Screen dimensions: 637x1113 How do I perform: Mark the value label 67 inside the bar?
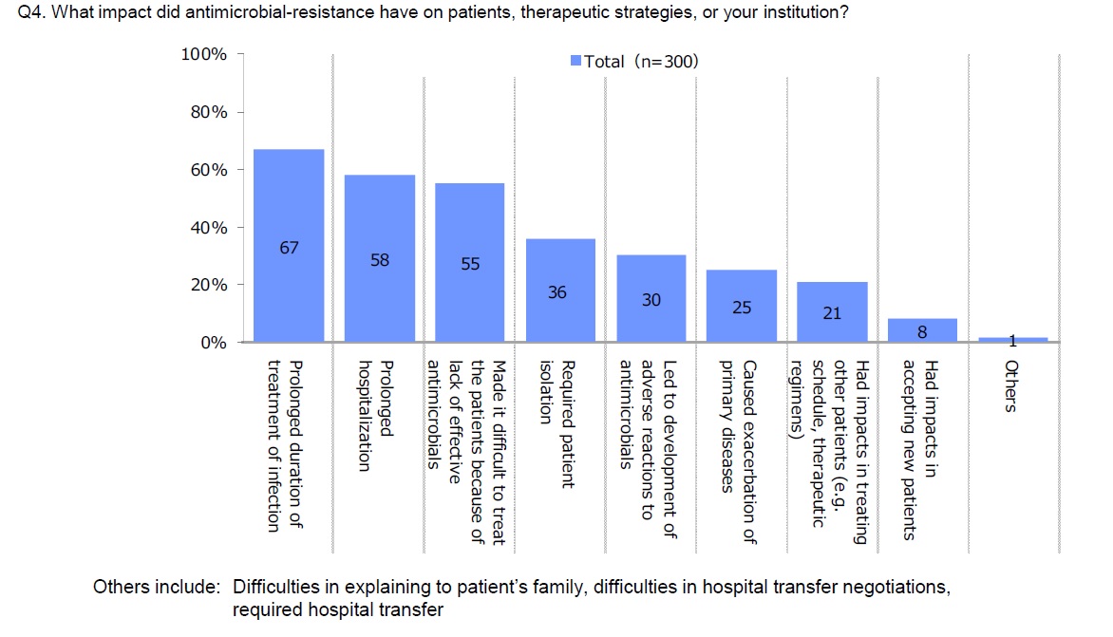click(289, 248)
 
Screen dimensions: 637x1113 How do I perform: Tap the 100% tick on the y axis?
click(205, 54)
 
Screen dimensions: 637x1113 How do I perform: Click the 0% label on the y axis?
click(213, 343)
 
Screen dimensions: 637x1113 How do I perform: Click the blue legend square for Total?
click(575, 62)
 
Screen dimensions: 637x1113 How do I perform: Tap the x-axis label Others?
click(1011, 385)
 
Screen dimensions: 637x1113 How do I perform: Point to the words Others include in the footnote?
click(156, 587)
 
